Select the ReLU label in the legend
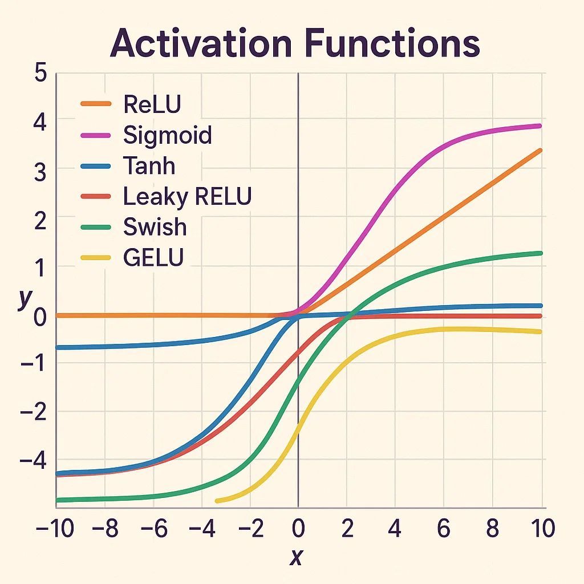[152, 104]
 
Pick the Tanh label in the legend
[149, 166]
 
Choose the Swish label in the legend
[155, 227]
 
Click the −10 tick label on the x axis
[54, 529]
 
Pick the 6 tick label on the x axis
[443, 529]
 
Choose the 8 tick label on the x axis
[492, 529]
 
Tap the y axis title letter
[23, 298]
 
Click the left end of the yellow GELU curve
[217, 501]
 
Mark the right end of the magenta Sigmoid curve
[539, 126]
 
